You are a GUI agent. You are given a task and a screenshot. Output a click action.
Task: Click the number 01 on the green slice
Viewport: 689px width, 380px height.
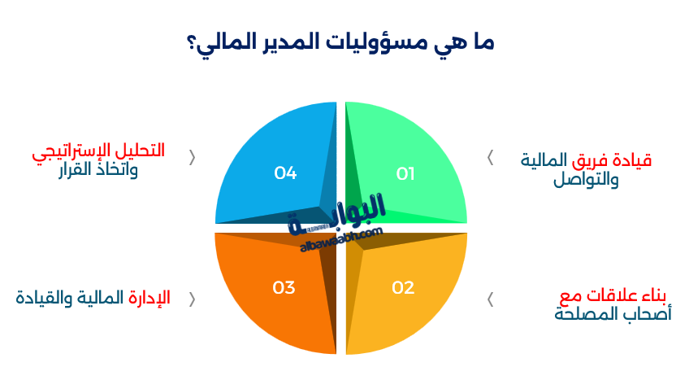tap(405, 173)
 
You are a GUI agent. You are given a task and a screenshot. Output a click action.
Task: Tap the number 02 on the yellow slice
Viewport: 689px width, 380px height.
tap(403, 287)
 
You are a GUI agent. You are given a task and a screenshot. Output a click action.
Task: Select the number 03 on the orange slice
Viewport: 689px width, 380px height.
tap(284, 287)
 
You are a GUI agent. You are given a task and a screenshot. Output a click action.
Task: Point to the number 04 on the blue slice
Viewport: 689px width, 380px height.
tap(285, 173)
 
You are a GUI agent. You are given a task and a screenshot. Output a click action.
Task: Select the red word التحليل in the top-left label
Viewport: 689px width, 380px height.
tap(143, 151)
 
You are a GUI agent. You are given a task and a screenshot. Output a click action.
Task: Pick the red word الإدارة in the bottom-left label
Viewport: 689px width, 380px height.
tap(149, 297)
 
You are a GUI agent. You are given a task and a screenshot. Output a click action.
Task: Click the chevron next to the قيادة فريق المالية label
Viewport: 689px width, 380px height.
tap(490, 158)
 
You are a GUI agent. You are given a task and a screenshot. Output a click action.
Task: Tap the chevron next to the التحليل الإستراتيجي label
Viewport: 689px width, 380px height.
tap(192, 158)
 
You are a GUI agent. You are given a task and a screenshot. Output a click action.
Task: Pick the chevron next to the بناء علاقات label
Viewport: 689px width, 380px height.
tap(490, 299)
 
